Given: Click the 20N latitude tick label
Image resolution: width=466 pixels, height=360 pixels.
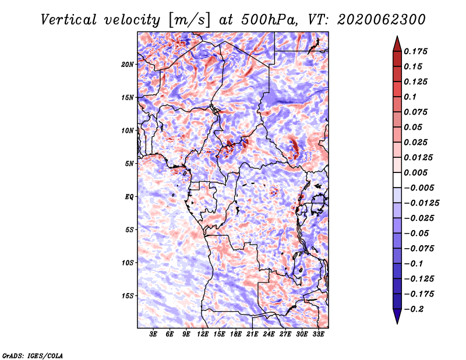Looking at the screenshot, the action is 128,65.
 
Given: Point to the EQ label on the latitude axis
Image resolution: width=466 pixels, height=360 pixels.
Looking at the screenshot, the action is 129,197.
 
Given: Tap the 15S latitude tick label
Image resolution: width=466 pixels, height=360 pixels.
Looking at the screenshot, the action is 128,296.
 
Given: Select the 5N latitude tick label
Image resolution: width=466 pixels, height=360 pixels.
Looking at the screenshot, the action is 129,164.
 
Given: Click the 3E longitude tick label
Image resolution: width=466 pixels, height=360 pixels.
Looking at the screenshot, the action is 153,334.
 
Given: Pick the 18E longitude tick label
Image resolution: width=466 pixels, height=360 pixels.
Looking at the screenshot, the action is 236,334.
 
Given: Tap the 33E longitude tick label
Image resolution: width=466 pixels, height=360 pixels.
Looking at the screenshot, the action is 318,334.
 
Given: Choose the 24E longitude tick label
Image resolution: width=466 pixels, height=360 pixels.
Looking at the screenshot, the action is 269,334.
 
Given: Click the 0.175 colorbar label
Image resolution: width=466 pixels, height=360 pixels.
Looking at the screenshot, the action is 415,51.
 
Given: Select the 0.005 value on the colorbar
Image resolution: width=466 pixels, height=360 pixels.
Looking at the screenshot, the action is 415,172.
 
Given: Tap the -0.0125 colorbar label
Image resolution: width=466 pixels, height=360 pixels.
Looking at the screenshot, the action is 422,203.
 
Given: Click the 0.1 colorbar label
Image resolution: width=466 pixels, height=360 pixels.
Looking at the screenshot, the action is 410,97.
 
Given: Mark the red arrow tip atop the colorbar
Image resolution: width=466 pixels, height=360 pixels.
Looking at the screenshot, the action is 397,36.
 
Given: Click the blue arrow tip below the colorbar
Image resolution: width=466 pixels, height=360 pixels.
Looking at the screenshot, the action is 397,323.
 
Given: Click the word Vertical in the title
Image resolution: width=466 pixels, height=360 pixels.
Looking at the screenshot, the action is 68,20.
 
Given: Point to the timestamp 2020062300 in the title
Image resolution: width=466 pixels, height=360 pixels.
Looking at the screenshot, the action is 382,20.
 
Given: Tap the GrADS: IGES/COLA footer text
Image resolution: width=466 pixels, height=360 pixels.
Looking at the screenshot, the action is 33,355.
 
